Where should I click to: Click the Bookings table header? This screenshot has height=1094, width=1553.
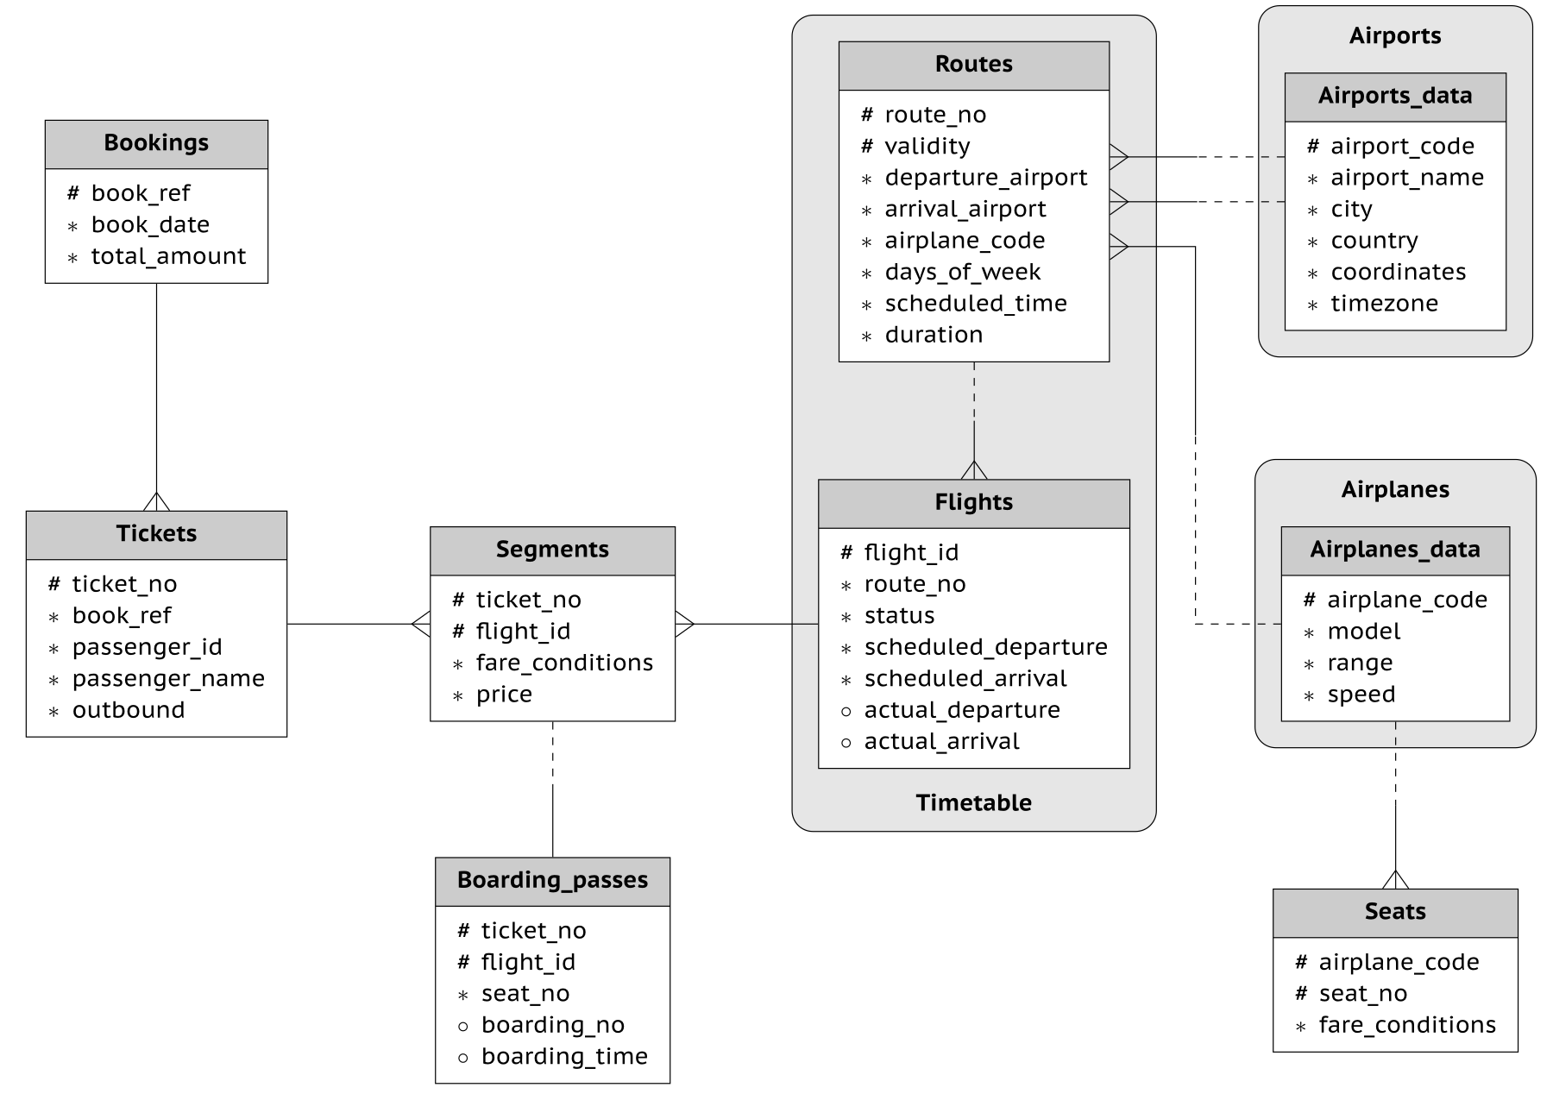tap(156, 143)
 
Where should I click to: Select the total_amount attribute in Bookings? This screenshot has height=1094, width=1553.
tap(168, 256)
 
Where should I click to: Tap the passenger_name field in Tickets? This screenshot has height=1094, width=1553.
tap(168, 679)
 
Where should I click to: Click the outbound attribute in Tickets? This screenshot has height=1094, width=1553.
tap(129, 710)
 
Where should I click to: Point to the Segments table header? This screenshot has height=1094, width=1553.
tap(552, 550)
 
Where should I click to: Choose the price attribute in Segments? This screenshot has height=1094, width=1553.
tap(504, 695)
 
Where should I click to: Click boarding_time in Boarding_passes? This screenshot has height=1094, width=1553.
tap(564, 1057)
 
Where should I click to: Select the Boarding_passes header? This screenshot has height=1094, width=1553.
tap(552, 881)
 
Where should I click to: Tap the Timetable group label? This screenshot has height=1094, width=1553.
tap(973, 803)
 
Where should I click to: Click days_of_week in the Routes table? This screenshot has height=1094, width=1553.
tap(962, 273)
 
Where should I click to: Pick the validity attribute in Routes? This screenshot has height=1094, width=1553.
tap(927, 147)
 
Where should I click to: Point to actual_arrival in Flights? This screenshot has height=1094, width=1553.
tap(941, 742)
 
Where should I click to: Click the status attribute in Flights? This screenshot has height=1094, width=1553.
tap(899, 616)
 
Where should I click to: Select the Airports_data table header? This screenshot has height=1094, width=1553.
tap(1394, 97)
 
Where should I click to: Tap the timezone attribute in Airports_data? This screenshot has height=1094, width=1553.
tap(1384, 304)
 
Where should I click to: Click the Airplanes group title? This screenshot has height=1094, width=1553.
tap(1394, 490)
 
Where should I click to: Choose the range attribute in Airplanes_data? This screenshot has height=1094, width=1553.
tap(1360, 663)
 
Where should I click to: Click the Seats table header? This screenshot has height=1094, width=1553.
tap(1394, 912)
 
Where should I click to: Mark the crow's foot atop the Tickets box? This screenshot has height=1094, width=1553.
tap(156, 501)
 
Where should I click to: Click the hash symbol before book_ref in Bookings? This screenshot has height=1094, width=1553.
tap(73, 193)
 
